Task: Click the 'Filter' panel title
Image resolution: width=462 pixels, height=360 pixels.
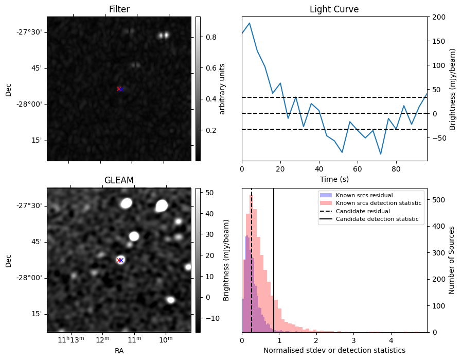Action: (119, 9)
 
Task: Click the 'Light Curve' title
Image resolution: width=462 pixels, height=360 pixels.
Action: (334, 9)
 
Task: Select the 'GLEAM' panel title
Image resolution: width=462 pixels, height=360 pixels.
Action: (119, 180)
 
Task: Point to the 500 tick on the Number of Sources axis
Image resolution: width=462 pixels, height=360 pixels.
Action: (436, 199)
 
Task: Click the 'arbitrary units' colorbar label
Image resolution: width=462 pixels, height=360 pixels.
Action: (222, 89)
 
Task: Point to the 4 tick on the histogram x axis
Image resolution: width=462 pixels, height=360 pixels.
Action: (391, 340)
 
